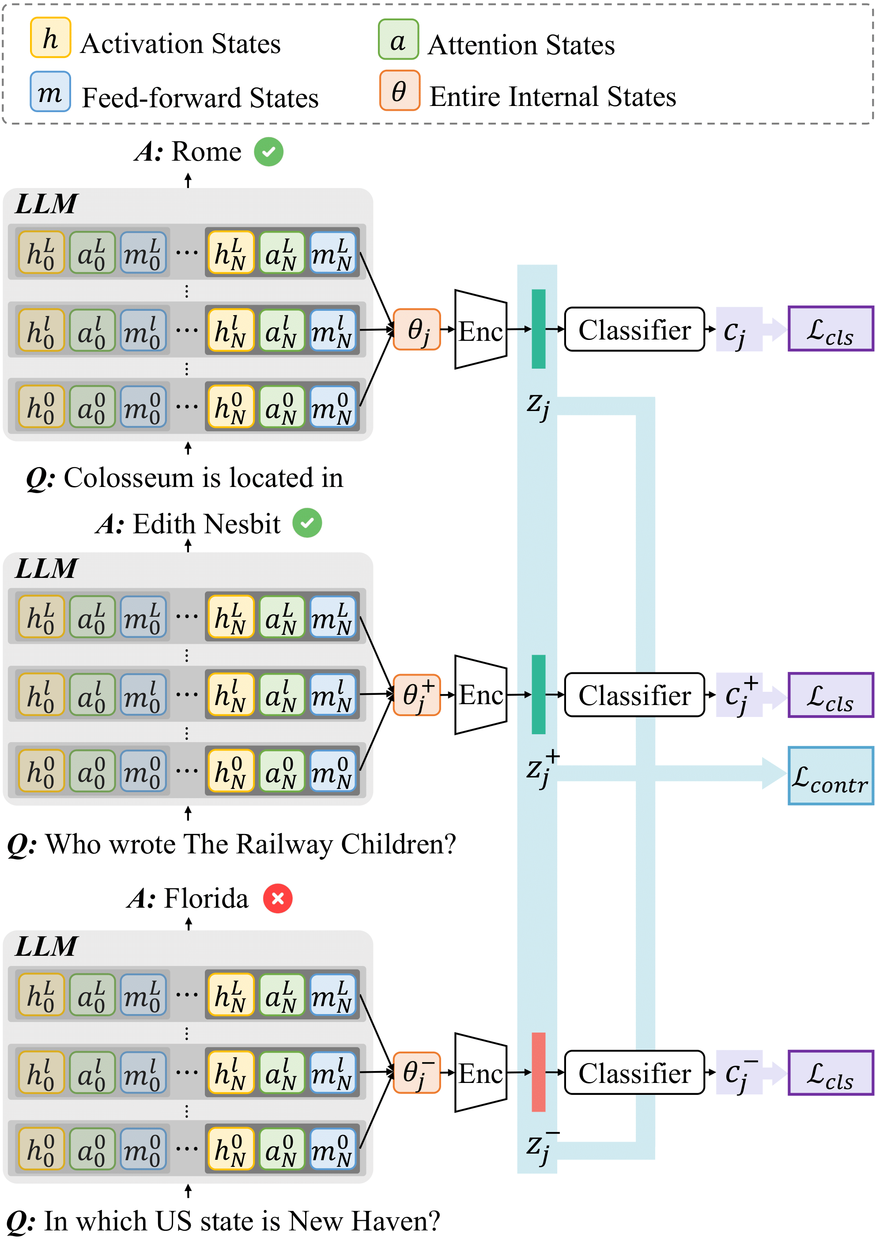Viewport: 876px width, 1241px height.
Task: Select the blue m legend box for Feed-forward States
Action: (x=50, y=92)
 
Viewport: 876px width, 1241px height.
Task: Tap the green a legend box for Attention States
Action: (x=398, y=39)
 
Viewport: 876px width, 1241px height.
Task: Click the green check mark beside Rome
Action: (x=268, y=152)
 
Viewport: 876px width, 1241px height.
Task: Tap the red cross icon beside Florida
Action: (x=278, y=898)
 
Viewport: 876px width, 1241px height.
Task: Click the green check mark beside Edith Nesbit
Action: (x=307, y=523)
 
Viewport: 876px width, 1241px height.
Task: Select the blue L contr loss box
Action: (x=831, y=776)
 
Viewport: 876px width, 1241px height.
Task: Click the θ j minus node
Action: (x=417, y=1072)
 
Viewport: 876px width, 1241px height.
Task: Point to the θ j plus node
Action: (x=417, y=695)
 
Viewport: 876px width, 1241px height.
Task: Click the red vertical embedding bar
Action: (x=538, y=1072)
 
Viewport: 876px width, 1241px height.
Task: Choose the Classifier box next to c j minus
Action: (x=634, y=1072)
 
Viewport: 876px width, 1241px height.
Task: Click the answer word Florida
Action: (x=206, y=898)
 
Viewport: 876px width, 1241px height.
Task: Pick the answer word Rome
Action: (x=207, y=152)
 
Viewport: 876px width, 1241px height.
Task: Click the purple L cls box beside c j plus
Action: (x=831, y=695)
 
